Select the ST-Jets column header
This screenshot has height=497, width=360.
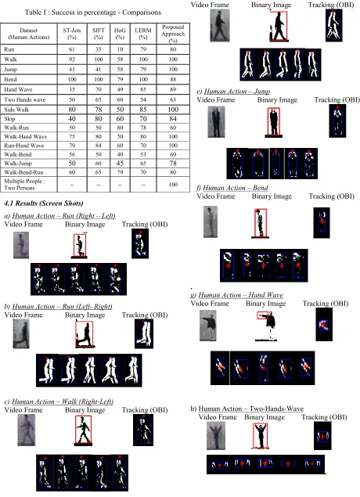tap(72, 34)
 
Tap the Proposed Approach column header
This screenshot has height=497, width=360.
tap(173, 34)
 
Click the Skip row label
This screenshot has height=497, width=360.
tap(10, 119)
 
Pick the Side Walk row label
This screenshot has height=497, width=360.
tap(16, 110)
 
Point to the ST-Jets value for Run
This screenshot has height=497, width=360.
tap(72, 49)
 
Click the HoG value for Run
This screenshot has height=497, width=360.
tap(120, 49)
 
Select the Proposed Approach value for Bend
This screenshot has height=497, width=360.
tap(173, 79)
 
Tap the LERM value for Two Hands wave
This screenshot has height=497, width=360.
tap(143, 99)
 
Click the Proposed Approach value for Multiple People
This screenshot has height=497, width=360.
tap(173, 185)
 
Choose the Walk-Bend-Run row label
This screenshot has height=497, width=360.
tap(23, 172)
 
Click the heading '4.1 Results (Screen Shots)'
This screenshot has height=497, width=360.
tap(44, 203)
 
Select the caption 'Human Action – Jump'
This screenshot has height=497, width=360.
tap(237, 92)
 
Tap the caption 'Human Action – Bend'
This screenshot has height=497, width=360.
tap(236, 188)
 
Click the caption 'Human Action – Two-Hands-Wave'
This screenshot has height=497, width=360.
tap(251, 409)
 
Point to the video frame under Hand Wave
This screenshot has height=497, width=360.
tap(208, 326)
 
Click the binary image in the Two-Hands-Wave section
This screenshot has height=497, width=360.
tap(261, 437)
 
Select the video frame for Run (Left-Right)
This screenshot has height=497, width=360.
tap(21, 334)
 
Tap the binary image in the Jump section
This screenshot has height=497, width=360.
tap(273, 123)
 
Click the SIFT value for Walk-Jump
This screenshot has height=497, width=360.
tap(99, 164)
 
